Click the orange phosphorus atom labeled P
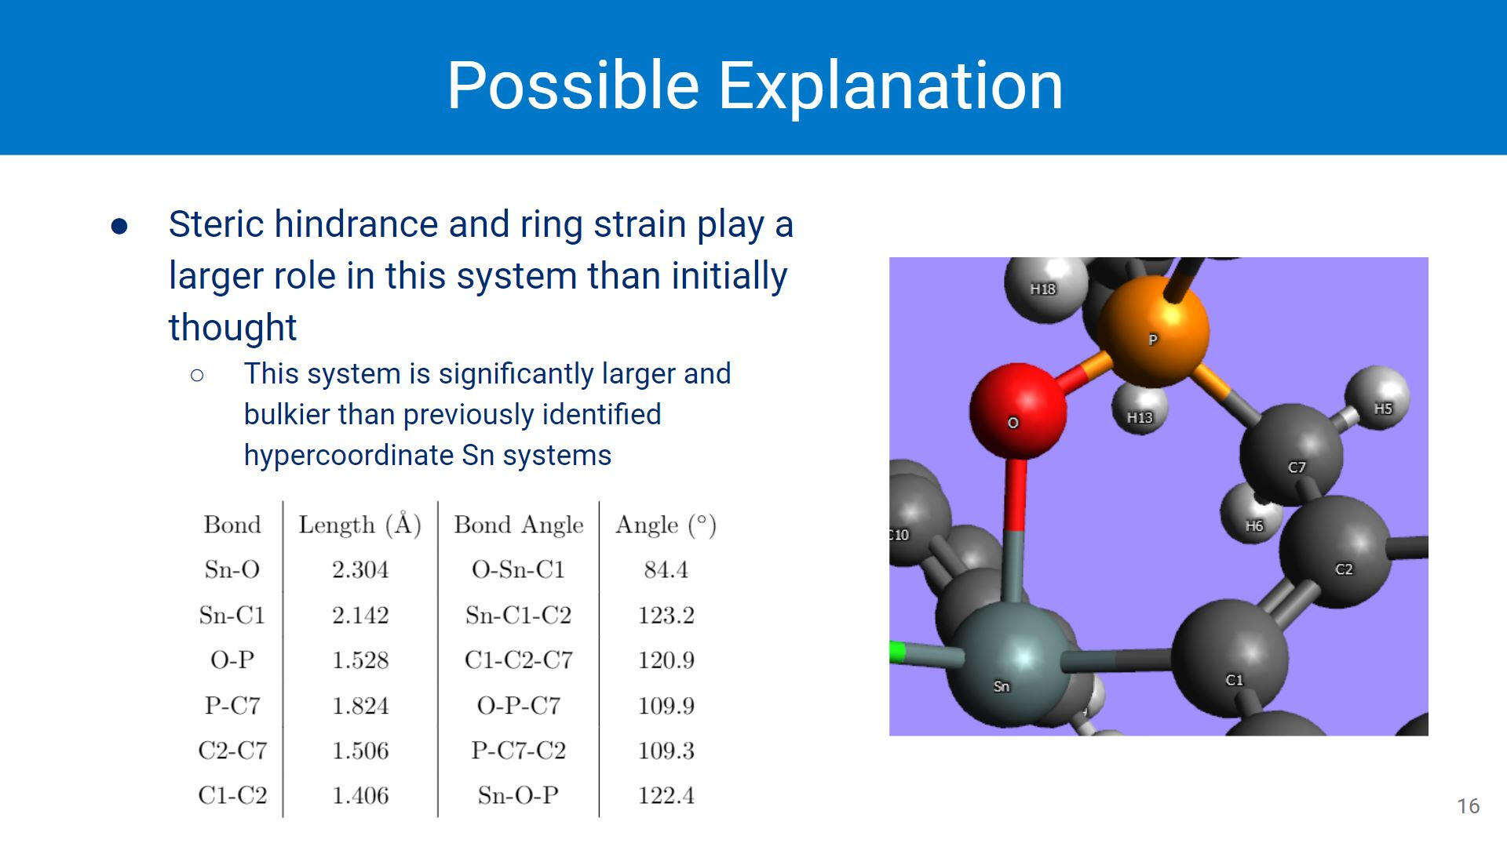pyautogui.click(x=1153, y=332)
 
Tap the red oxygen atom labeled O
pyautogui.click(x=1018, y=410)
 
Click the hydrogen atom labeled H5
pyautogui.click(x=1377, y=398)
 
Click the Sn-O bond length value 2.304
pyautogui.click(x=360, y=569)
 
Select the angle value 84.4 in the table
pyautogui.click(x=666, y=569)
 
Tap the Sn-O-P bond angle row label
pyautogui.click(x=518, y=795)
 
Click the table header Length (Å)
pyautogui.click(x=359, y=524)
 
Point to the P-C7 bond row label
pyautogui.click(x=232, y=705)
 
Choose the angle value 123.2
pyautogui.click(x=666, y=615)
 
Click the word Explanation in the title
pyautogui.click(x=890, y=85)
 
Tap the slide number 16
pyautogui.click(x=1469, y=806)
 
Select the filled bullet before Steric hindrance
pyautogui.click(x=119, y=227)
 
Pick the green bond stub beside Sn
pyautogui.click(x=897, y=653)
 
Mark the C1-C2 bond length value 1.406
pyautogui.click(x=360, y=795)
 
